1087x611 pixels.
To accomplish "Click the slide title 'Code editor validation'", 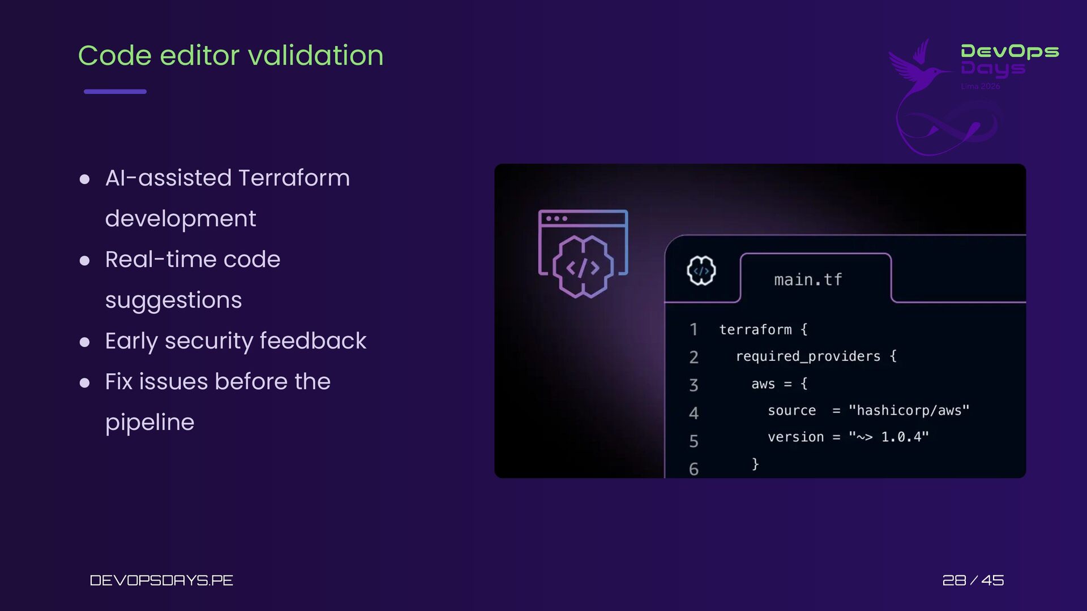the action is [230, 55].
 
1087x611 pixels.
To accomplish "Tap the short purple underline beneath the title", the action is [115, 91].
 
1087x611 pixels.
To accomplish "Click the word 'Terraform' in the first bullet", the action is [294, 178].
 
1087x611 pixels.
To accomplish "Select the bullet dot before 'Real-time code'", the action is [85, 260].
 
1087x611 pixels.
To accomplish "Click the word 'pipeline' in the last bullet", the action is [149, 423].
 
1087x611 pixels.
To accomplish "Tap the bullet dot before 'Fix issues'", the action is [85, 383].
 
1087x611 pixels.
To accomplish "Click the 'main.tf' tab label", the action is [808, 279].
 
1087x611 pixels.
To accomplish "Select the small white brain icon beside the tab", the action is [701, 270].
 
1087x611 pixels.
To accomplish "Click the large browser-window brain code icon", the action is [583, 253].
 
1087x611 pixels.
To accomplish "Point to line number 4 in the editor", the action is [694, 413].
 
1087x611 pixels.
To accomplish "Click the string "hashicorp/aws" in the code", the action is [909, 410].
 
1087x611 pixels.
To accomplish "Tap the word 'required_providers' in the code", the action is [808, 356].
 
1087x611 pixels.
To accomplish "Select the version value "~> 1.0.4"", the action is [889, 437].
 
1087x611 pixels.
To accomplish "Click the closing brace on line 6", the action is [755, 464].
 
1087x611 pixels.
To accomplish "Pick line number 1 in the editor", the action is [694, 329].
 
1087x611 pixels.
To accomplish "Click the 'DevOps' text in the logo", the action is [1010, 51].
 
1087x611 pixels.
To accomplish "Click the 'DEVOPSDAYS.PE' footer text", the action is [161, 580].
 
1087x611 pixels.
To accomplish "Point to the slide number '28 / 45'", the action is [973, 580].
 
